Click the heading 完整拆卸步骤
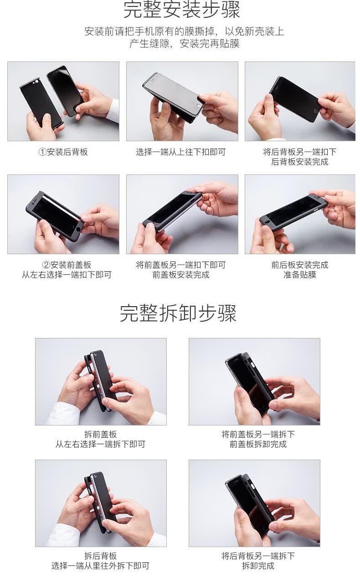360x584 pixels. pos(178,313)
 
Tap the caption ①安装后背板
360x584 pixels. pos(63,152)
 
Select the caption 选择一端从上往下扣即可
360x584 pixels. pos(181,152)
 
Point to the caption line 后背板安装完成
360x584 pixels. pos(300,162)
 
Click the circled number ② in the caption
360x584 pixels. pos(46,265)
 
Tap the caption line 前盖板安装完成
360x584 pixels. pos(181,275)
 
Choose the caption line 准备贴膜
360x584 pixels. pos(300,275)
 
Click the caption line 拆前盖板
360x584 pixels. pos(100,434)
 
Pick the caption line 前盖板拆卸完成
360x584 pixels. pos(258,444)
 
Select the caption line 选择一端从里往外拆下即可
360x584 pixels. pos(100,566)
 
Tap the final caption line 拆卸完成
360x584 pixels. pos(258,566)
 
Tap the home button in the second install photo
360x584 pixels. pos(200,106)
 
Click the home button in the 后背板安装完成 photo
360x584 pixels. pos(315,111)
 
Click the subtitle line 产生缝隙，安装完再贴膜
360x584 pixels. pos(184,43)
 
